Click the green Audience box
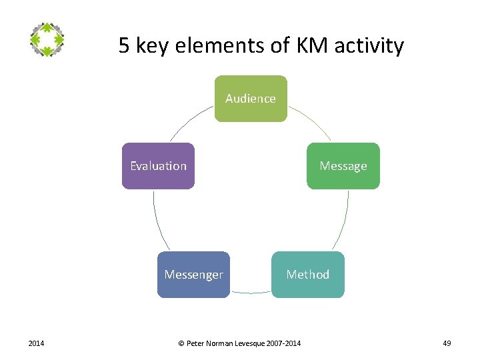(x=251, y=99)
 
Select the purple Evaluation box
(x=159, y=166)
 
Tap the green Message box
(x=343, y=166)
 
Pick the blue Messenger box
(x=193, y=274)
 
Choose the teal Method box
(x=307, y=274)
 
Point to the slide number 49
(x=447, y=343)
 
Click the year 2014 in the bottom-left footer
(x=36, y=343)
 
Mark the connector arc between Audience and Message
(x=311, y=122)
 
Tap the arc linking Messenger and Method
(x=251, y=293)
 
